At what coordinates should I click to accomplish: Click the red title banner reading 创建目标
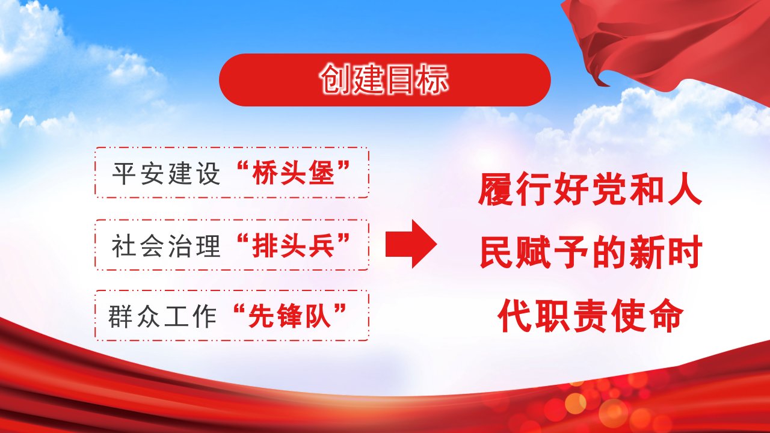point(385,80)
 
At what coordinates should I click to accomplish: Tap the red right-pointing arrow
point(411,244)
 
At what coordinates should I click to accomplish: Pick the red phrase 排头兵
point(293,245)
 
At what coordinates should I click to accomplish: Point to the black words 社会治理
point(166,246)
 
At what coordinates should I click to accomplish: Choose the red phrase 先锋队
point(290,316)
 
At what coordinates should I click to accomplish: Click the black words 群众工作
point(162,316)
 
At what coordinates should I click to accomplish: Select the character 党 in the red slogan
point(608,189)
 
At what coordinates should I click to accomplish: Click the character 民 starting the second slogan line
point(496,252)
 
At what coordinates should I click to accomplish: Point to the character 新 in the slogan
point(645,252)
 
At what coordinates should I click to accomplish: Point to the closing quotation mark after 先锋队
point(340,309)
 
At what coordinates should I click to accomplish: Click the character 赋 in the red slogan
point(533,252)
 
